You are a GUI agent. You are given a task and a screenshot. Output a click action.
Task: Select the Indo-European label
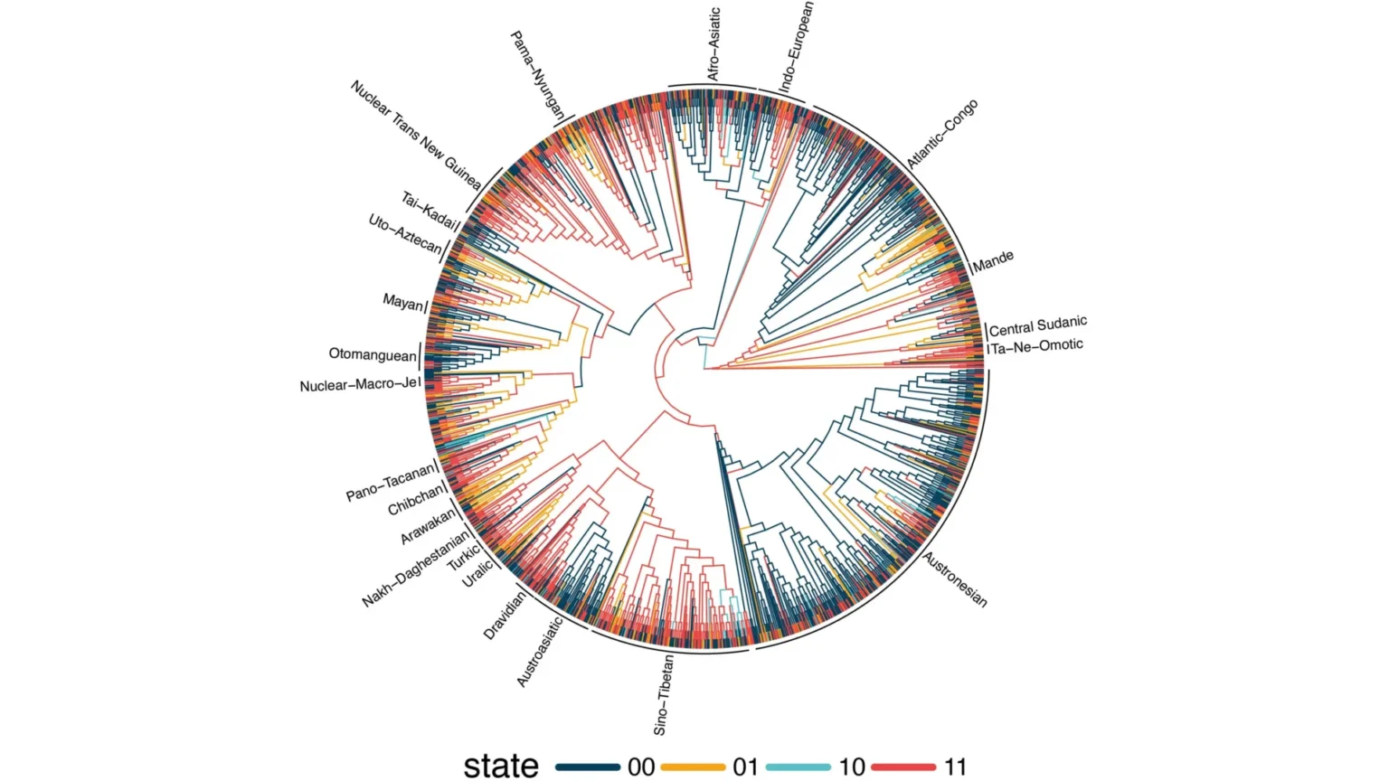(x=796, y=47)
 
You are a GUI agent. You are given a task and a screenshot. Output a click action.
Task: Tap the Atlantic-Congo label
(x=942, y=135)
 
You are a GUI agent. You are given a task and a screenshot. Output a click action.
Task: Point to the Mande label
(x=993, y=261)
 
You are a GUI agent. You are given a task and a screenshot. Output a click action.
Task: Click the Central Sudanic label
(x=1037, y=325)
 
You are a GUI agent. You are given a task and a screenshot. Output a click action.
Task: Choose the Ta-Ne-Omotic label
(x=1037, y=346)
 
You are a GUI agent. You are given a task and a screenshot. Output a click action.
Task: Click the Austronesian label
(x=955, y=579)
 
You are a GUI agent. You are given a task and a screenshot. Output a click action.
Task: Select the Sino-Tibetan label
(x=663, y=694)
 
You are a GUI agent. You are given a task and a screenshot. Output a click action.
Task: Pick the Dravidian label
(x=504, y=616)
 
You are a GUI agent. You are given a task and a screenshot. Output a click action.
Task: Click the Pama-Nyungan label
(x=537, y=76)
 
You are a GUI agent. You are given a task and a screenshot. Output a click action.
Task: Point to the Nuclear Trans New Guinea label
(x=415, y=135)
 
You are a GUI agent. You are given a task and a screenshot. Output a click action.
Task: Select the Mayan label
(x=402, y=302)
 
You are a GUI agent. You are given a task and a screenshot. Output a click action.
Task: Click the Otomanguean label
(x=373, y=354)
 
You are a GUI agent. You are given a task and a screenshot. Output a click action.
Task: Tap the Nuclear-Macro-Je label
(x=358, y=385)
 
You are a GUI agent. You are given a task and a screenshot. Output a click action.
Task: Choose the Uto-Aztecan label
(x=404, y=234)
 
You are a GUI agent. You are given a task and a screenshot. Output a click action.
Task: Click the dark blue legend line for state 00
(x=587, y=767)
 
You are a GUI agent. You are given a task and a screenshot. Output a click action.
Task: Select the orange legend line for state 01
(x=693, y=767)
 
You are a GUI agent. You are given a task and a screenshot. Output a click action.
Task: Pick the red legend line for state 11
(x=902, y=767)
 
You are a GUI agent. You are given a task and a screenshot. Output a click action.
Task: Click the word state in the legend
(x=501, y=767)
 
